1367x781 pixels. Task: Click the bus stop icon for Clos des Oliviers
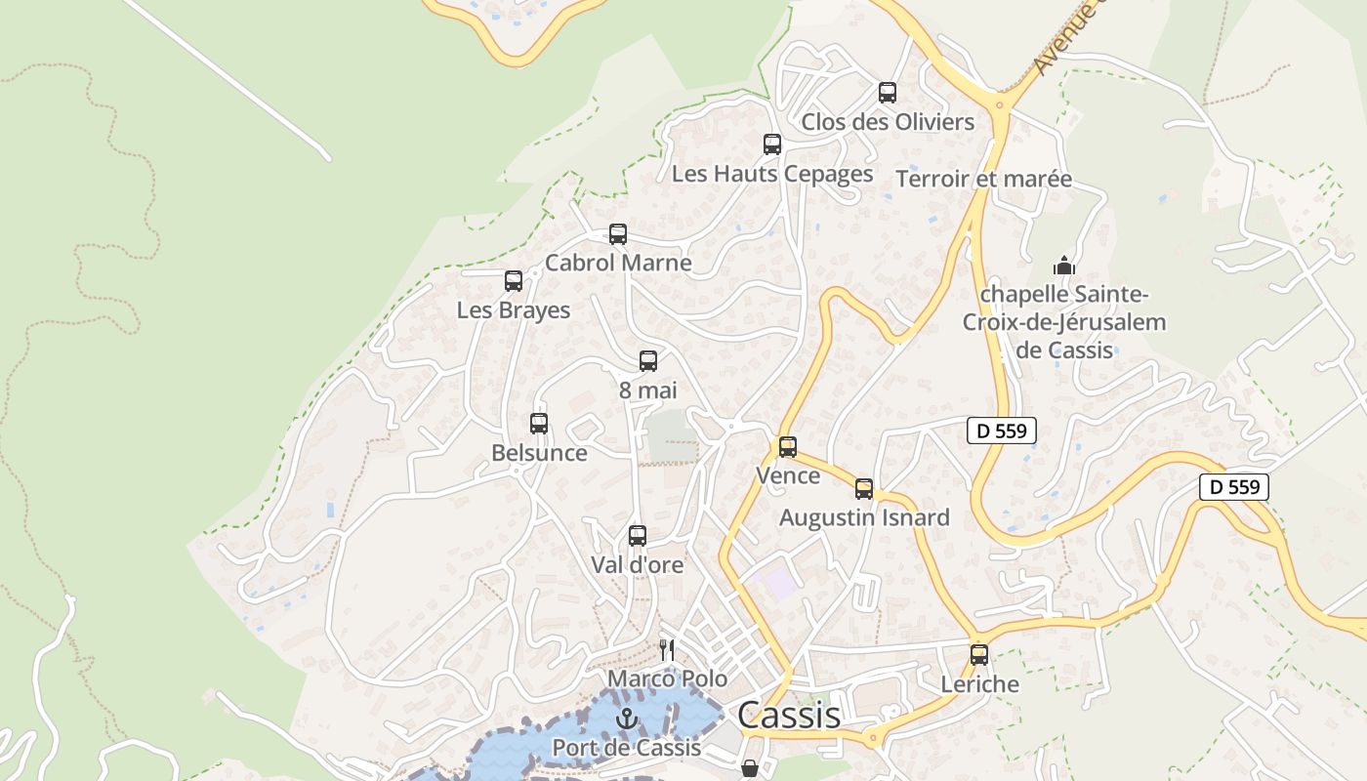[887, 93]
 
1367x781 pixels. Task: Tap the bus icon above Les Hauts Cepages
[771, 144]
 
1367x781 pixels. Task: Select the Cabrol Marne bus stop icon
[617, 234]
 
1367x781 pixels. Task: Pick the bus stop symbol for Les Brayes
[514, 281]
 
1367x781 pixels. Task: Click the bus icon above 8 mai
[648, 361]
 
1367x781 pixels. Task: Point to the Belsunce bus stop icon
[539, 424]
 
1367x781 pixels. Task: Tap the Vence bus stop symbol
[788, 447]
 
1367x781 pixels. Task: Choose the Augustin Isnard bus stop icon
[864, 489]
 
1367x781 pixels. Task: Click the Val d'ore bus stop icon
[638, 536]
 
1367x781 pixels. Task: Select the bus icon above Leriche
[979, 655]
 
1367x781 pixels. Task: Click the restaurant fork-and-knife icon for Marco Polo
[667, 650]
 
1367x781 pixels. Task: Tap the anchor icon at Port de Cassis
[626, 720]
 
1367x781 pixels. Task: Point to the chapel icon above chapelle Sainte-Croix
[1063, 265]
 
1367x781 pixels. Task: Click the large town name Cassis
[788, 715]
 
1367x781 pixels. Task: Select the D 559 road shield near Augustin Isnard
[1001, 431]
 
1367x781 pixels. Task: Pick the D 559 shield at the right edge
[1233, 487]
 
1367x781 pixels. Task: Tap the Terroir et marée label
[983, 180]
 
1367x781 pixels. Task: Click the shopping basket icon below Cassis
[750, 768]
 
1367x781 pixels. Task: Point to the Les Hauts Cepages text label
[772, 174]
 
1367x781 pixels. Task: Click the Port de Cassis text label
[626, 748]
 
